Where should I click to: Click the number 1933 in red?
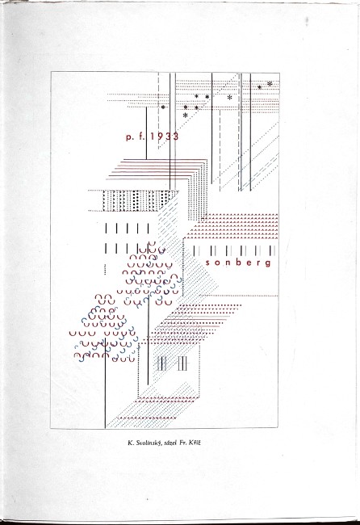(165, 136)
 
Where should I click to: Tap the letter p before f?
(129, 137)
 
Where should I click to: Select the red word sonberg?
(238, 262)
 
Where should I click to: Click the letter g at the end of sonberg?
(268, 263)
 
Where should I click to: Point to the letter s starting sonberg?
(207, 263)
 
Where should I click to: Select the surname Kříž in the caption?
(195, 443)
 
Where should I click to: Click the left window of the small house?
(161, 363)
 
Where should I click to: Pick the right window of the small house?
(182, 363)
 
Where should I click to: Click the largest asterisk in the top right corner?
(270, 83)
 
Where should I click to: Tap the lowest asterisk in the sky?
(186, 115)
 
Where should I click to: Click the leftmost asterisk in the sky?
(163, 107)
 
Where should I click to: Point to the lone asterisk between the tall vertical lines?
(229, 98)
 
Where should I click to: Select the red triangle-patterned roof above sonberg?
(232, 226)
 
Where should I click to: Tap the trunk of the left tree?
(106, 384)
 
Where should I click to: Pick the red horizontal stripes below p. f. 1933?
(157, 169)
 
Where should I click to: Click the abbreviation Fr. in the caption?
(182, 443)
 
